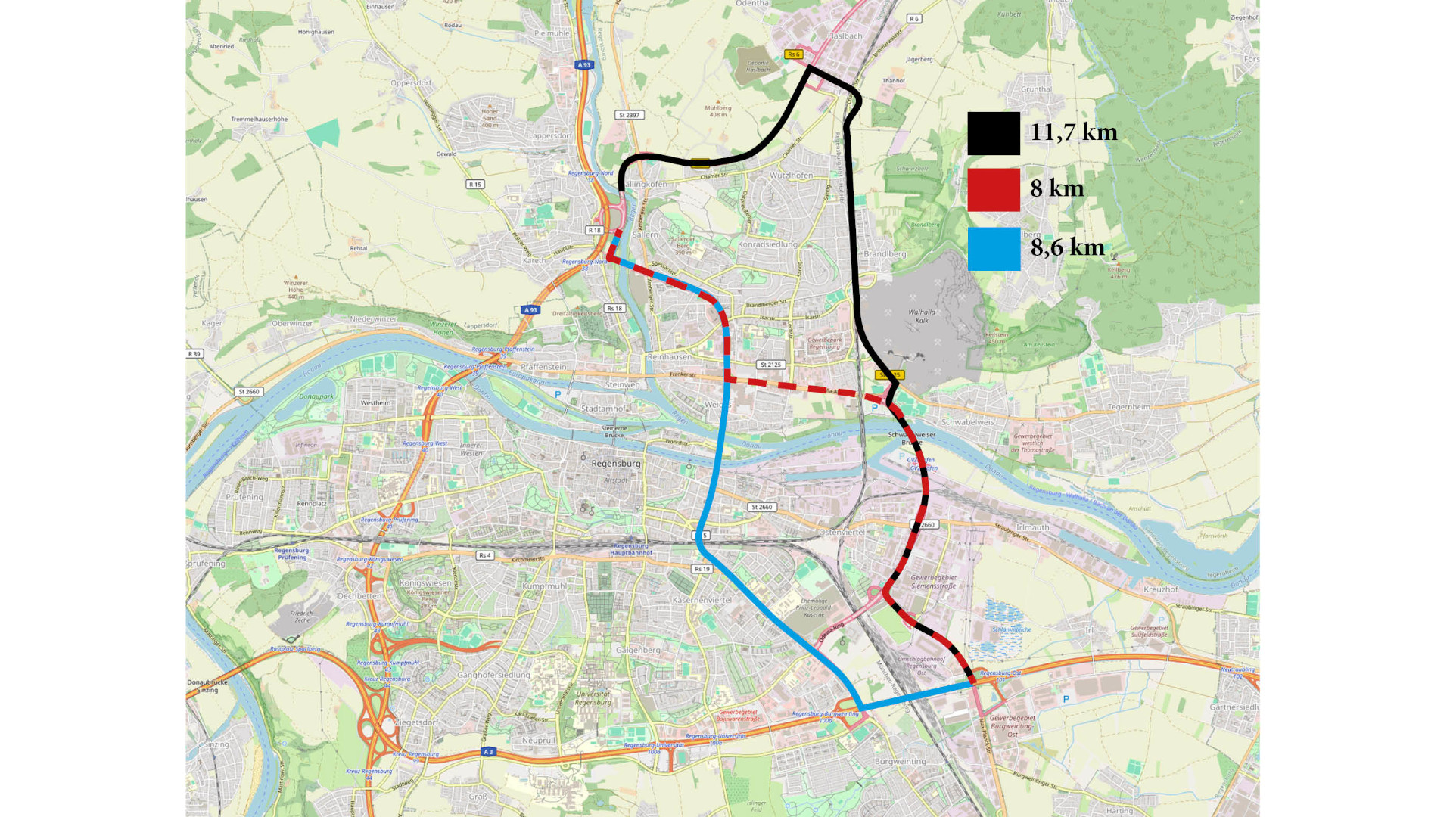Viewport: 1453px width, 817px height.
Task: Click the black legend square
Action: coord(993,134)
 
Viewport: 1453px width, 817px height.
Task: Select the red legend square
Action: coord(993,189)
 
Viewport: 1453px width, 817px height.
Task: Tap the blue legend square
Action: coord(993,249)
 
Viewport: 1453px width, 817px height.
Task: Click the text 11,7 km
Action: coord(1073,132)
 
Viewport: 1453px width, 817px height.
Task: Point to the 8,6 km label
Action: coord(1067,247)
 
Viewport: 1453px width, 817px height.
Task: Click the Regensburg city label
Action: coord(615,464)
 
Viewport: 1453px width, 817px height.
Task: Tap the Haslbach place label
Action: coord(845,36)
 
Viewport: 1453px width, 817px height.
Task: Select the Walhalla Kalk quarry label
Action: coord(922,316)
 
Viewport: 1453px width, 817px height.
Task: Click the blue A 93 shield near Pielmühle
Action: coord(583,65)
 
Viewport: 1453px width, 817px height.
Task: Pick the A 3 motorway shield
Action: coord(488,752)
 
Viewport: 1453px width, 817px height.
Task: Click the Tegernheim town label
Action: coord(1128,407)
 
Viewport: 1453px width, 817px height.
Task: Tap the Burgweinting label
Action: coord(900,762)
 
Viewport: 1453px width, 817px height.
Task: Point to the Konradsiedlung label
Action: coord(767,244)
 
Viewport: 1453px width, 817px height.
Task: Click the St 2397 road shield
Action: coord(629,115)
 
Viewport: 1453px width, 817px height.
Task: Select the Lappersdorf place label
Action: coord(550,136)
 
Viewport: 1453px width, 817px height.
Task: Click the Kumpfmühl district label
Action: coord(544,586)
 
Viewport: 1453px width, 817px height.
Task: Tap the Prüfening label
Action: coord(244,497)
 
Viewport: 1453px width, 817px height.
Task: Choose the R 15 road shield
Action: coord(475,185)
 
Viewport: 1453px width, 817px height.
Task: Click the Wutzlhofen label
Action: coord(791,176)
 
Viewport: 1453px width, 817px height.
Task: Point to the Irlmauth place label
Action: coord(1032,527)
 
